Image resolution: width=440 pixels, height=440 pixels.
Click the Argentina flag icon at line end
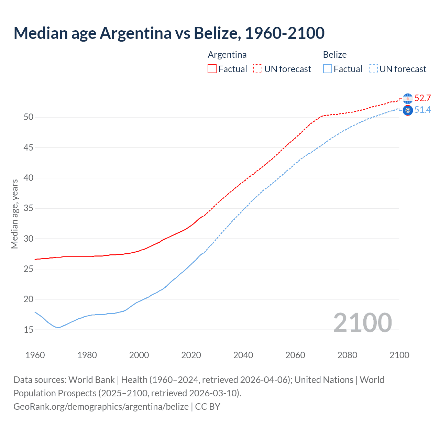pos(408,99)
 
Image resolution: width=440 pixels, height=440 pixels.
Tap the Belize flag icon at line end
pos(408,110)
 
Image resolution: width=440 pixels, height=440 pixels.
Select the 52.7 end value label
pos(422,98)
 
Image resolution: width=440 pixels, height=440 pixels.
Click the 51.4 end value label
pos(422,110)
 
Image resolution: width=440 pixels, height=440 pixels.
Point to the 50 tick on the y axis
pos(29,117)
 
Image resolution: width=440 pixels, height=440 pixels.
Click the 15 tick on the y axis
pos(29,330)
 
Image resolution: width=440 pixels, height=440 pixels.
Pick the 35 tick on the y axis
pos(29,208)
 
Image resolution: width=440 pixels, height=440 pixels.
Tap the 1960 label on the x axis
pos(35,355)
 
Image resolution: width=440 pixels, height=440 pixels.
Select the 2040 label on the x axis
pos(243,355)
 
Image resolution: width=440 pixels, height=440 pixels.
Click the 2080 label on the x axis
pos(347,355)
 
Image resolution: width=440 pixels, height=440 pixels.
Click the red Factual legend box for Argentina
pos(212,69)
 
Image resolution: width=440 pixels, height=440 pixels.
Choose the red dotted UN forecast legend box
pos(258,69)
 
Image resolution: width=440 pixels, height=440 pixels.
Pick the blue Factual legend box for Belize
pos(328,69)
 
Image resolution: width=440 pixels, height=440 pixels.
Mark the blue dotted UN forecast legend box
pos(373,69)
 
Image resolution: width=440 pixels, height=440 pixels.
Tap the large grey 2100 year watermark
pos(362,322)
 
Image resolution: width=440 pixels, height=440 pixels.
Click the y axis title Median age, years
pos(14,214)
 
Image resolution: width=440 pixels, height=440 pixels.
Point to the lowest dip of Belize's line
pos(58,328)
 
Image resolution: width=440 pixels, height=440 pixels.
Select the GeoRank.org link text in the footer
pos(101,406)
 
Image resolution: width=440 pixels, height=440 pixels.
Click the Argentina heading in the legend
pos(227,55)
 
